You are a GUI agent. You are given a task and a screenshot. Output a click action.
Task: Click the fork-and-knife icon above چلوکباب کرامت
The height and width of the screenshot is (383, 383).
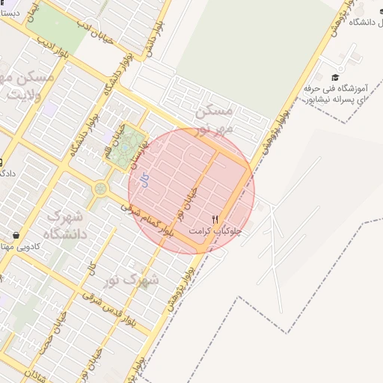tap(215, 220)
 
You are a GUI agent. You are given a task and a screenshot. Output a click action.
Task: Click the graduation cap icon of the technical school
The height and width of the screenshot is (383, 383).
tap(335, 77)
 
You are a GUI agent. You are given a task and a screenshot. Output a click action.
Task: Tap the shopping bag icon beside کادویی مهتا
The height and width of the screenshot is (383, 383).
tap(16, 236)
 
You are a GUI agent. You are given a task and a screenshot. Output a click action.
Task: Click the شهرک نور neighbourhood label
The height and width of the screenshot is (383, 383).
tap(138, 281)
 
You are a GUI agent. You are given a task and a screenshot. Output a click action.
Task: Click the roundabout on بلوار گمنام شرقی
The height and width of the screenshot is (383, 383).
tap(99, 189)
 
